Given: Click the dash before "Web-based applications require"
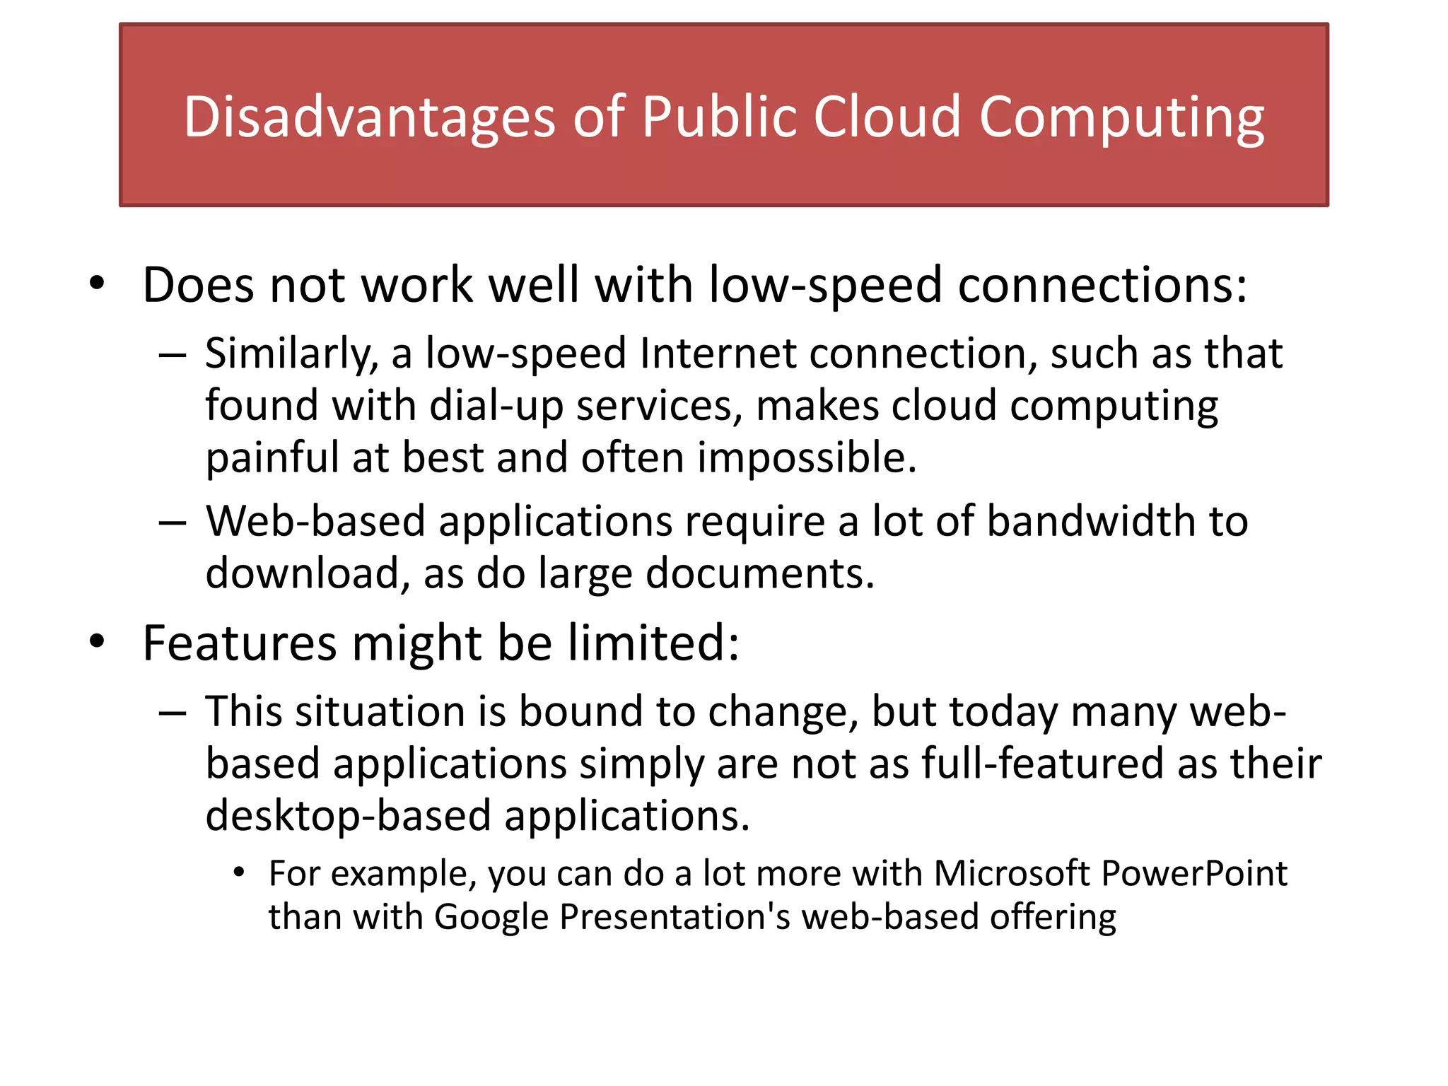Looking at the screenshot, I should tap(173, 522).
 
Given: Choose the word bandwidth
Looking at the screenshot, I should tap(1091, 521).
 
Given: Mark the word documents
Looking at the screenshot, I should tap(760, 573).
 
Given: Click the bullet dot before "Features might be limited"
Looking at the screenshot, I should tap(97, 641).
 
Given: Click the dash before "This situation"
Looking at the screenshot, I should tap(173, 713).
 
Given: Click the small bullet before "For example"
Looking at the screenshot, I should tap(239, 873).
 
